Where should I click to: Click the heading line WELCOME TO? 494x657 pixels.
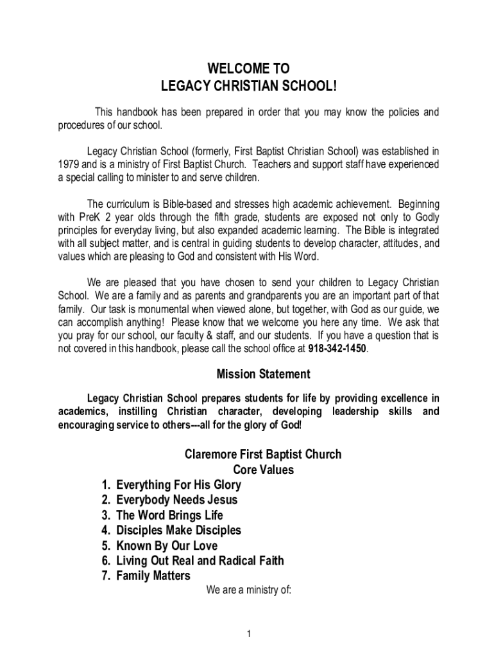click(x=248, y=69)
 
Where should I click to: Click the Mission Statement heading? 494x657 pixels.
click(x=263, y=374)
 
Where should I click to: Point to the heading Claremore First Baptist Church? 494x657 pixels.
click(x=263, y=454)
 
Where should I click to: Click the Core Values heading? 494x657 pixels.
click(x=263, y=470)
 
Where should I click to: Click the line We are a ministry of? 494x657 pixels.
click(x=248, y=590)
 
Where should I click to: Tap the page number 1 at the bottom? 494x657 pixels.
click(x=248, y=635)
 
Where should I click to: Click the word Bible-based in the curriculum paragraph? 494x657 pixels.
click(x=166, y=203)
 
